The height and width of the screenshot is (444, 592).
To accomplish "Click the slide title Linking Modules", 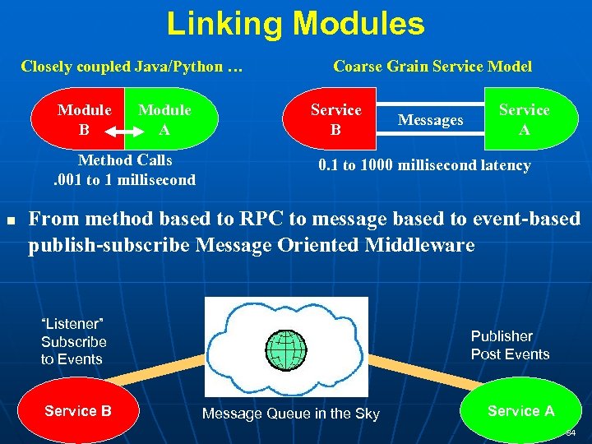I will coord(295,24).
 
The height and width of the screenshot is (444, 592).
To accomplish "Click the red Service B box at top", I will coord(335,120).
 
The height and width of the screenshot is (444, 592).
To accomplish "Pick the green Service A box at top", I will coord(524,120).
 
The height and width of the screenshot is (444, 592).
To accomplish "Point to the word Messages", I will coord(430,120).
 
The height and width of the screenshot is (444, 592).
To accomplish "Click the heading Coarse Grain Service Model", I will coord(432,67).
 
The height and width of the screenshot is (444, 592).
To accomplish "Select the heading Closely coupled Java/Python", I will coord(132,67).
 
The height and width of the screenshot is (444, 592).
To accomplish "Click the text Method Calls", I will coord(125,160).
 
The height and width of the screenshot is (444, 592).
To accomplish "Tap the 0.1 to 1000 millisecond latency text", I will coord(424,165).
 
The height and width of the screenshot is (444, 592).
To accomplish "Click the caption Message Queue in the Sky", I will coord(291,414).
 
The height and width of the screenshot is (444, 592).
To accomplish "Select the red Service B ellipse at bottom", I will coord(78,410).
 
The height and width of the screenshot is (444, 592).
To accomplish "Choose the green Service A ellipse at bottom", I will coord(520,410).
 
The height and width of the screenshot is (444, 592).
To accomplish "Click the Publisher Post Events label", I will coord(510,345).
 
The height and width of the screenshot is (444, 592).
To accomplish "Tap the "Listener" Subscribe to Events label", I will coord(74,341).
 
